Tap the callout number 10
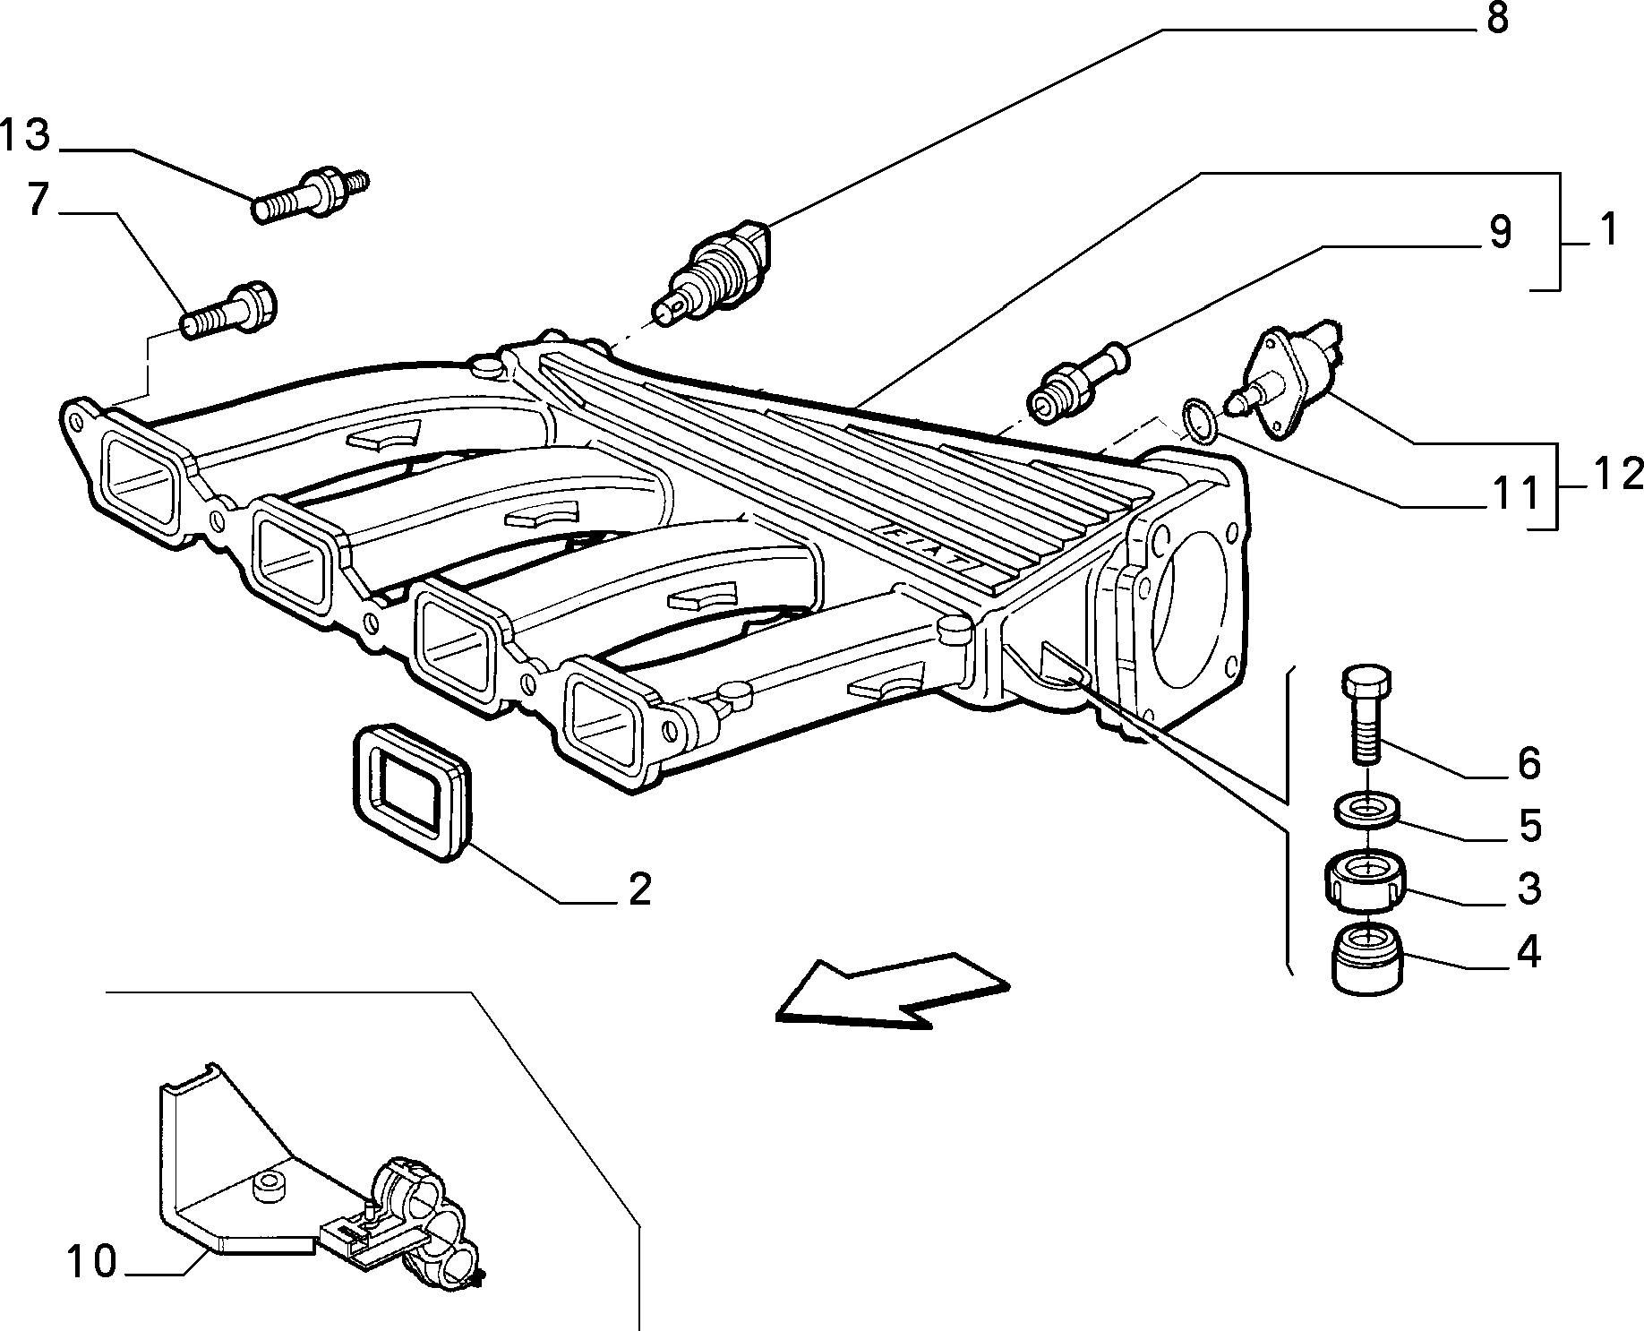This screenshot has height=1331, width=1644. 91,1262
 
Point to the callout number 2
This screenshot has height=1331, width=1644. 638,889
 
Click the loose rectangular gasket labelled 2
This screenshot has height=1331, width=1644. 411,794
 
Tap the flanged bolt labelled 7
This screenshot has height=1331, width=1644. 229,311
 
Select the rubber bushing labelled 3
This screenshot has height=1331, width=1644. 1365,880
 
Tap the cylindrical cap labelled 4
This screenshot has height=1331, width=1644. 1367,959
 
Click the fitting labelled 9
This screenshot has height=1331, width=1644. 1077,382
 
